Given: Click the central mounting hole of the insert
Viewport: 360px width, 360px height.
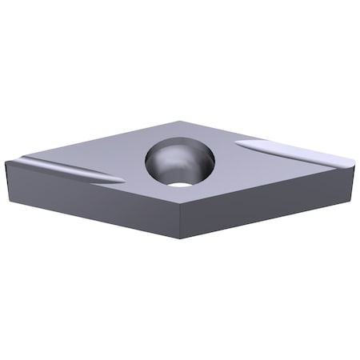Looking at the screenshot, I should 181,163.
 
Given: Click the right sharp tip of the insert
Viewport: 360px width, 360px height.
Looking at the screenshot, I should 353,162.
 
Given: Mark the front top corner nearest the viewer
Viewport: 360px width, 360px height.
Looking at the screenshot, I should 186,202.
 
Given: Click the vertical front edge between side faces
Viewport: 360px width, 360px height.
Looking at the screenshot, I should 186,220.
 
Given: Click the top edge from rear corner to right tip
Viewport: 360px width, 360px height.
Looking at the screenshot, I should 268,142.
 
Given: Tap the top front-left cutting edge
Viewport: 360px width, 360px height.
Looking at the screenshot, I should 96,182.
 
